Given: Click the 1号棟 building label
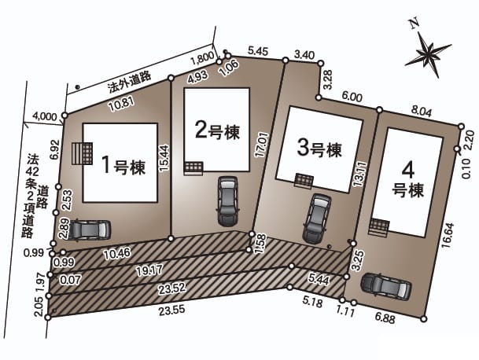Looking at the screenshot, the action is click(123, 165).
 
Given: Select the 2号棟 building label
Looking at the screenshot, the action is click(217, 130).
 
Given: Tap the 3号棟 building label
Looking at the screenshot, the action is click(319, 149).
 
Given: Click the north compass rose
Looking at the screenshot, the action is click(428, 54).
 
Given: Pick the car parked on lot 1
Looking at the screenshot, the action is click(89, 230).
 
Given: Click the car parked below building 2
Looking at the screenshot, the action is click(227, 201).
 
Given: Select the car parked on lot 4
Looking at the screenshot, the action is click(386, 286).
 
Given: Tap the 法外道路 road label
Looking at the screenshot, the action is click(129, 83).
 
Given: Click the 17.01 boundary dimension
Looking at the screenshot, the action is click(262, 145).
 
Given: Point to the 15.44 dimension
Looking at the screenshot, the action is click(164, 158).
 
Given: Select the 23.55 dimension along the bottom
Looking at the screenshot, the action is click(171, 310).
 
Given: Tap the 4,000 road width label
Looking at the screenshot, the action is click(45, 116).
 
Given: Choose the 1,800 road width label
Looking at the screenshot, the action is click(202, 58).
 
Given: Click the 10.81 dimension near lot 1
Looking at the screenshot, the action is click(122, 105).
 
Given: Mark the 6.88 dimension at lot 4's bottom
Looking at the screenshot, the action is click(385, 318).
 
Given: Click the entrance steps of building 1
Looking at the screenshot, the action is click(83, 153).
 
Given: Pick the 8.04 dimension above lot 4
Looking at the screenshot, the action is click(422, 112).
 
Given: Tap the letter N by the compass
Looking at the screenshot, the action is click(415, 24).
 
